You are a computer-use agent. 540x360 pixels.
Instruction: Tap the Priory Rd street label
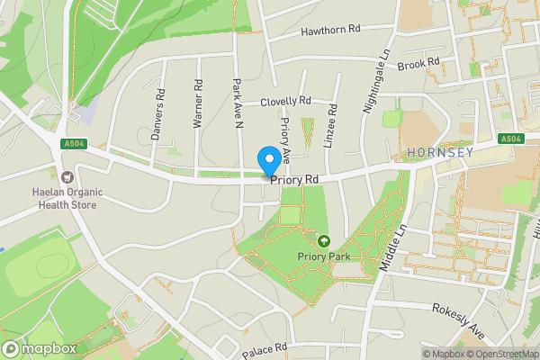pyautogui.click(x=294, y=180)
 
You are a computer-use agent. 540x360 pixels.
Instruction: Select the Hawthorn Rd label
pyautogui.click(x=331, y=30)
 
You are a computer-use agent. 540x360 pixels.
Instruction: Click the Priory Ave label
pyautogui.click(x=285, y=139)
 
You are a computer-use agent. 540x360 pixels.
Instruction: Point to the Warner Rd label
pyautogui.click(x=198, y=104)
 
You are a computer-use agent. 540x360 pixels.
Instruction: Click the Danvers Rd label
pyautogui.click(x=159, y=107)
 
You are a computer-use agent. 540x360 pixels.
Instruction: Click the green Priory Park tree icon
pyautogui.click(x=323, y=241)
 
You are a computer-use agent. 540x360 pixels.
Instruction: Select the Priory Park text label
pyautogui.click(x=323, y=256)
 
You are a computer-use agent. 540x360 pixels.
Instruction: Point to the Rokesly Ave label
pyautogui.click(x=457, y=320)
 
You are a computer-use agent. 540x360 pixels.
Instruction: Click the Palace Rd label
pyautogui.click(x=268, y=347)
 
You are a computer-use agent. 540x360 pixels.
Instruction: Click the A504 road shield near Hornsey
pyautogui.click(x=510, y=139)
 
